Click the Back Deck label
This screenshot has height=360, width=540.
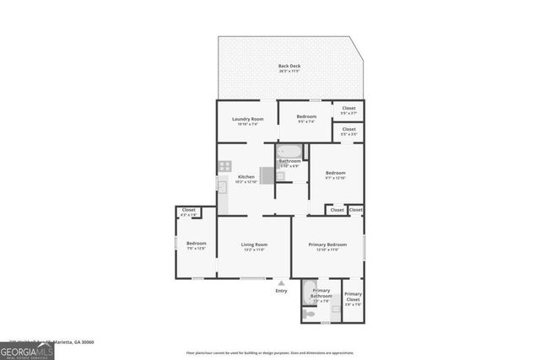(x=289, y=66)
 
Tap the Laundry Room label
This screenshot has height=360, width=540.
(x=247, y=119)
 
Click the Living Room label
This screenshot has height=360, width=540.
(x=254, y=244)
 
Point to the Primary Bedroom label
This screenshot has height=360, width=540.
(x=326, y=244)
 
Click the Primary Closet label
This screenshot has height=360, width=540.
(x=353, y=296)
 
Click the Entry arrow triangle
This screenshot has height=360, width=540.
(x=281, y=283)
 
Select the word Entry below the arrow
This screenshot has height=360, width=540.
(x=281, y=291)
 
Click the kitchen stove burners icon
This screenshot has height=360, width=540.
(x=224, y=166)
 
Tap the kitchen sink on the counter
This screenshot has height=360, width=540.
(x=222, y=186)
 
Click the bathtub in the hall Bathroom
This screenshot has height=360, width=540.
(x=289, y=152)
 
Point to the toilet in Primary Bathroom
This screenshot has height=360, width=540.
(x=310, y=314)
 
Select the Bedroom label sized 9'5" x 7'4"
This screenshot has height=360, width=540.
(x=305, y=116)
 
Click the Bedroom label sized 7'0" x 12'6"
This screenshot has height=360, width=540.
(x=195, y=244)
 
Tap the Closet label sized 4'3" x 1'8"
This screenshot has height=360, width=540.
(x=188, y=211)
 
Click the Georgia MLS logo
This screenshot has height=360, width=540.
(x=27, y=348)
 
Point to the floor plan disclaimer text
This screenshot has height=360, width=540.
(x=281, y=352)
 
